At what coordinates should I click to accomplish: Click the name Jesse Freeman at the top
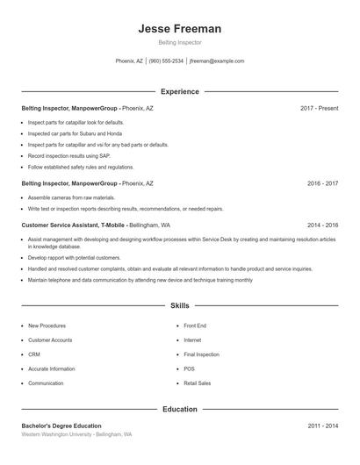click(x=179, y=29)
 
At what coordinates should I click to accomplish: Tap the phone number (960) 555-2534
click(x=166, y=61)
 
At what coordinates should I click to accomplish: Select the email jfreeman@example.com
click(x=217, y=61)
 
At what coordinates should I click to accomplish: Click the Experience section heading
click(x=179, y=91)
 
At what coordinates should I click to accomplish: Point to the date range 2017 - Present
click(x=319, y=108)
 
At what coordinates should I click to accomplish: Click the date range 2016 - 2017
click(x=322, y=184)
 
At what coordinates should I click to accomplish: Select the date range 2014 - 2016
click(x=322, y=225)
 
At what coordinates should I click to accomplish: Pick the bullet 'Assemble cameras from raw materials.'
click(x=71, y=198)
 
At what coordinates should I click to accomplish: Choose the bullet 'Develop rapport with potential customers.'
click(x=75, y=258)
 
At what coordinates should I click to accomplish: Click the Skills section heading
click(x=179, y=306)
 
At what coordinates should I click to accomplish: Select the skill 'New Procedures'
click(x=47, y=325)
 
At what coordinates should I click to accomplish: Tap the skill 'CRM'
click(x=34, y=354)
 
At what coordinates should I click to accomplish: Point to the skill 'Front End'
click(x=195, y=325)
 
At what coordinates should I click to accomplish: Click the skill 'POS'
click(x=189, y=369)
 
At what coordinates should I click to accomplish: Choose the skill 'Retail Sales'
click(x=197, y=383)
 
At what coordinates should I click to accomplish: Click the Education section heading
click(x=179, y=409)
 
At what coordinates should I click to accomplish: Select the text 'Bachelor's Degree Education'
click(x=61, y=426)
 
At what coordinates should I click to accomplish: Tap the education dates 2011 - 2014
click(x=322, y=426)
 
